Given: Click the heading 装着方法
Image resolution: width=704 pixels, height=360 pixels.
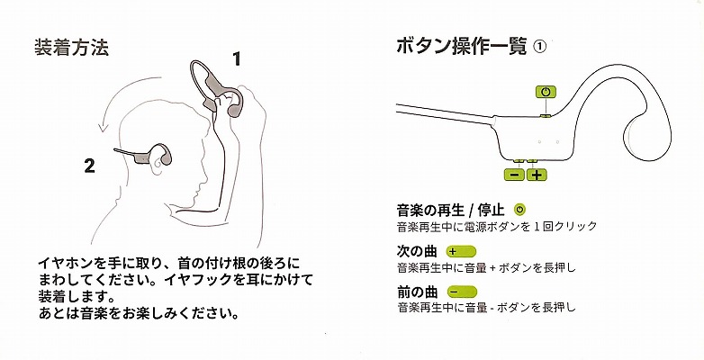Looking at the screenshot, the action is (x=71, y=48).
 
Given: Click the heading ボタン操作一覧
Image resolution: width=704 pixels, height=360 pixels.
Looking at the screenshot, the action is (x=461, y=47).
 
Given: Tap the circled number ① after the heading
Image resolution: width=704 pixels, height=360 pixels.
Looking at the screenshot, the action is (x=539, y=47).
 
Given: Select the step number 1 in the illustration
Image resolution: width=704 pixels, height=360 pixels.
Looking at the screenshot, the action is (x=236, y=59).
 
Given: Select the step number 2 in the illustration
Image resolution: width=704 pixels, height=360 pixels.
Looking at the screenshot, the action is (x=90, y=166).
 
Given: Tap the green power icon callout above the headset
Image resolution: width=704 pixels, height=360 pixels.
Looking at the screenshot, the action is (x=546, y=92).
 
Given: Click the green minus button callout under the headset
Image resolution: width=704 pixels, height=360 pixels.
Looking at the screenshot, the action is (x=515, y=175).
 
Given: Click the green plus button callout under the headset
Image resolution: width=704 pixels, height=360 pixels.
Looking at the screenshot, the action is (x=537, y=175).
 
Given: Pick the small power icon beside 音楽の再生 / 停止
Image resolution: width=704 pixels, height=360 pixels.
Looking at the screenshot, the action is (x=520, y=209).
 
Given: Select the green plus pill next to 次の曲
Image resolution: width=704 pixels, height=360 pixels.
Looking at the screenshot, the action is (x=461, y=251).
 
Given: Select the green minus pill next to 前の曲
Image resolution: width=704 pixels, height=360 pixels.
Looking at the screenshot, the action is (x=462, y=292).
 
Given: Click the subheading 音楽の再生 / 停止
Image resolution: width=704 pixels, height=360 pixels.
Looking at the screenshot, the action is (x=451, y=210).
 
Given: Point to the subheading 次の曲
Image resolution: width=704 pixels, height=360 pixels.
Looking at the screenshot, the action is (x=411, y=251).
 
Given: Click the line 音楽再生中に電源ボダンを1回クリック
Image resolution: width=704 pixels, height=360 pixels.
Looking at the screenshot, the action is (x=497, y=226).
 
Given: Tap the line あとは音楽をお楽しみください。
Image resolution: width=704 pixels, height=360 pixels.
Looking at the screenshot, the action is (x=139, y=313).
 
